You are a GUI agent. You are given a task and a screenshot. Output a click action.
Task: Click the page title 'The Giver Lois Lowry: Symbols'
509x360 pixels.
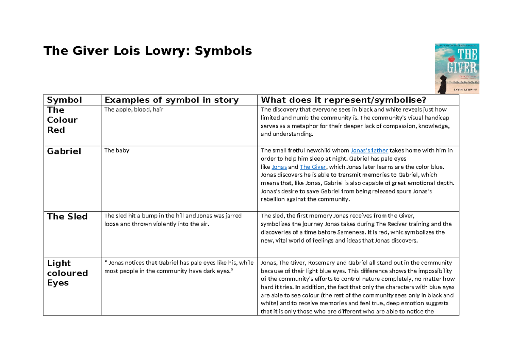pos(148,51)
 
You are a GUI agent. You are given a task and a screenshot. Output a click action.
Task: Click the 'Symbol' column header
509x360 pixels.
pos(64,100)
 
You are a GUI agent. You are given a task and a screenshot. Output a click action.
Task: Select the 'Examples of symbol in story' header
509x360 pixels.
pos(171,100)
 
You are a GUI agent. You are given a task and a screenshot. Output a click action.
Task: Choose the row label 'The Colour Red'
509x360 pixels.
pos(62,120)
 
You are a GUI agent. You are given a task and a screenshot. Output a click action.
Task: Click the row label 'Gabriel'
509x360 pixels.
pos(64,151)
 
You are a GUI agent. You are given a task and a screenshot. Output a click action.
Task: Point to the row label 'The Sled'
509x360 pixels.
pos(67,217)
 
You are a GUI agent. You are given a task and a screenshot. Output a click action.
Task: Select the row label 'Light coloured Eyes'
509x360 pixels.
pos(67,273)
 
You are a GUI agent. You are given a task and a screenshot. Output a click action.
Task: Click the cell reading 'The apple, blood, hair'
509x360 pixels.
pos(134,110)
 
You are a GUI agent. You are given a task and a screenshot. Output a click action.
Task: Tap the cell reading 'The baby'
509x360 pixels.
pos(117,151)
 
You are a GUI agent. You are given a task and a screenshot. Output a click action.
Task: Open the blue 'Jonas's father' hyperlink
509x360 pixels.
pos(369,151)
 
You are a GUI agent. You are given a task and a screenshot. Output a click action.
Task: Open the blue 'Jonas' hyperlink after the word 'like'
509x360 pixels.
pos(279,167)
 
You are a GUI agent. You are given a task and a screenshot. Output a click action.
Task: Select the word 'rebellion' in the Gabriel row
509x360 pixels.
pos(274,199)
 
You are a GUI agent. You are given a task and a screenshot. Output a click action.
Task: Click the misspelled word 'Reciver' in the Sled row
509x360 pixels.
pos(383,224)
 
